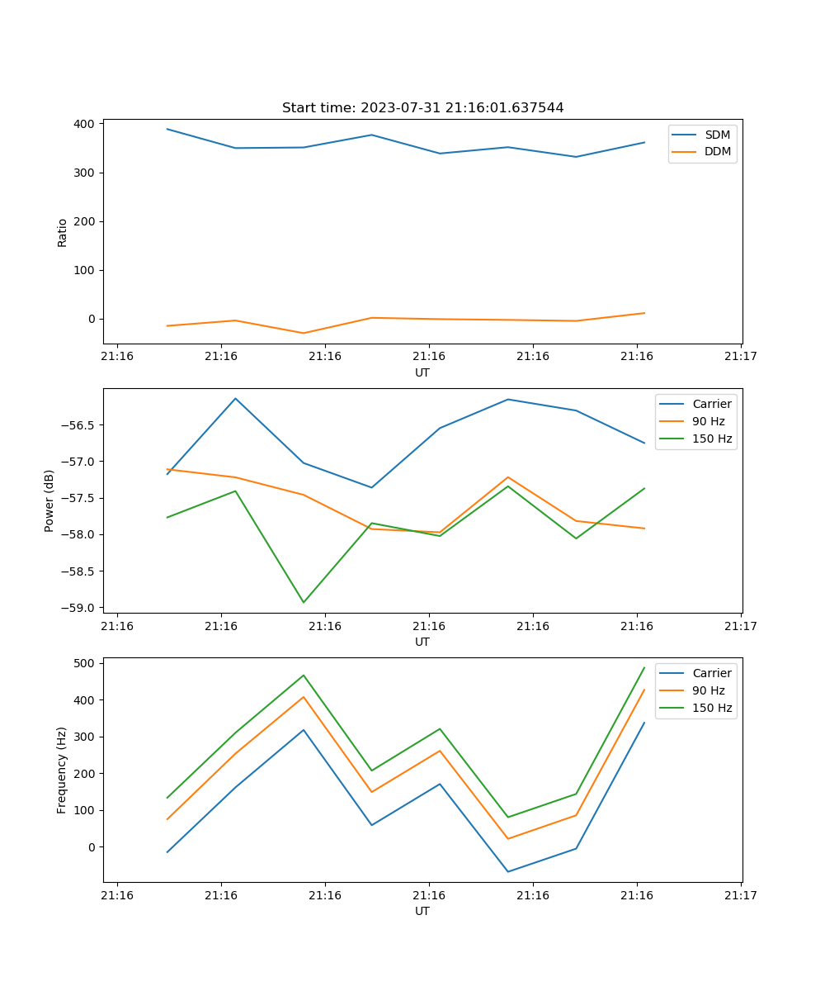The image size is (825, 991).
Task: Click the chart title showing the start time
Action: coord(422,108)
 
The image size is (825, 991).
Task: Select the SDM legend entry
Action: coord(717,135)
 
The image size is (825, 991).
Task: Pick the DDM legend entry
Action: coord(717,151)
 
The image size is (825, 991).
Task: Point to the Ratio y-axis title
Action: coord(63,232)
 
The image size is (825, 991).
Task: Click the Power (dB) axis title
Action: coord(49,500)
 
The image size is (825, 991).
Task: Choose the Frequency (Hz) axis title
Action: coord(62,770)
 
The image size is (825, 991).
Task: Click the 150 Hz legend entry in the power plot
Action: coord(712,439)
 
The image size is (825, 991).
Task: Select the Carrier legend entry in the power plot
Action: coord(711,404)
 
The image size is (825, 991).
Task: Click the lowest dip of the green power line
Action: coord(304,602)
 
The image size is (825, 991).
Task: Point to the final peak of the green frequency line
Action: coord(644,667)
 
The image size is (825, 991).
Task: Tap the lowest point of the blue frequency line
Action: coord(507,871)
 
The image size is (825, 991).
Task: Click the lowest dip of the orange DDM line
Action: coord(304,333)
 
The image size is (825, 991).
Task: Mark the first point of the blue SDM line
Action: coord(167,129)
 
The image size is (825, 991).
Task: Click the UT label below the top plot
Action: coord(422,372)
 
